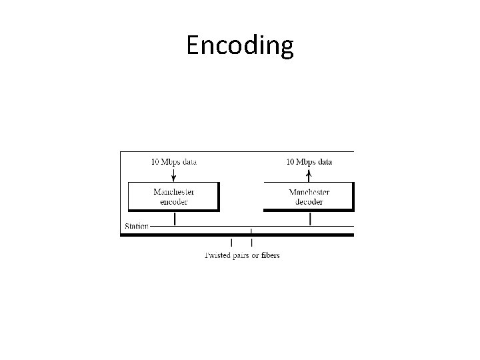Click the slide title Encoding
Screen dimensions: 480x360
240,45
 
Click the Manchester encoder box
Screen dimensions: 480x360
173,196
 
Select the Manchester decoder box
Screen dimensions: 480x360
309,196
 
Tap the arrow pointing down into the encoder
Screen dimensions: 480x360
173,174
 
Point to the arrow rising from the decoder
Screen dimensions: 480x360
309,174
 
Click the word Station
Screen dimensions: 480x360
137,226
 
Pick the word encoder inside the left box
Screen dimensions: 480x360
174,201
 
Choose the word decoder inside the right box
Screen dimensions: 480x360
309,201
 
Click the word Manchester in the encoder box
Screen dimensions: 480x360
174,192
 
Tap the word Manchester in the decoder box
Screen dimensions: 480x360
309,192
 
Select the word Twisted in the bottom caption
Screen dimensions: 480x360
217,255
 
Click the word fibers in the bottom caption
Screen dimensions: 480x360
269,255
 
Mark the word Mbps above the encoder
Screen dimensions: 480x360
171,161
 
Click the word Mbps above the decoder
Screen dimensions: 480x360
306,161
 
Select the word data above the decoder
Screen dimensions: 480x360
325,161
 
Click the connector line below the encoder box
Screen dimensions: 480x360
174,219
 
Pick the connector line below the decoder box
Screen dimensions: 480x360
310,219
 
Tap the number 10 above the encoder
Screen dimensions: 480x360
155,161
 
